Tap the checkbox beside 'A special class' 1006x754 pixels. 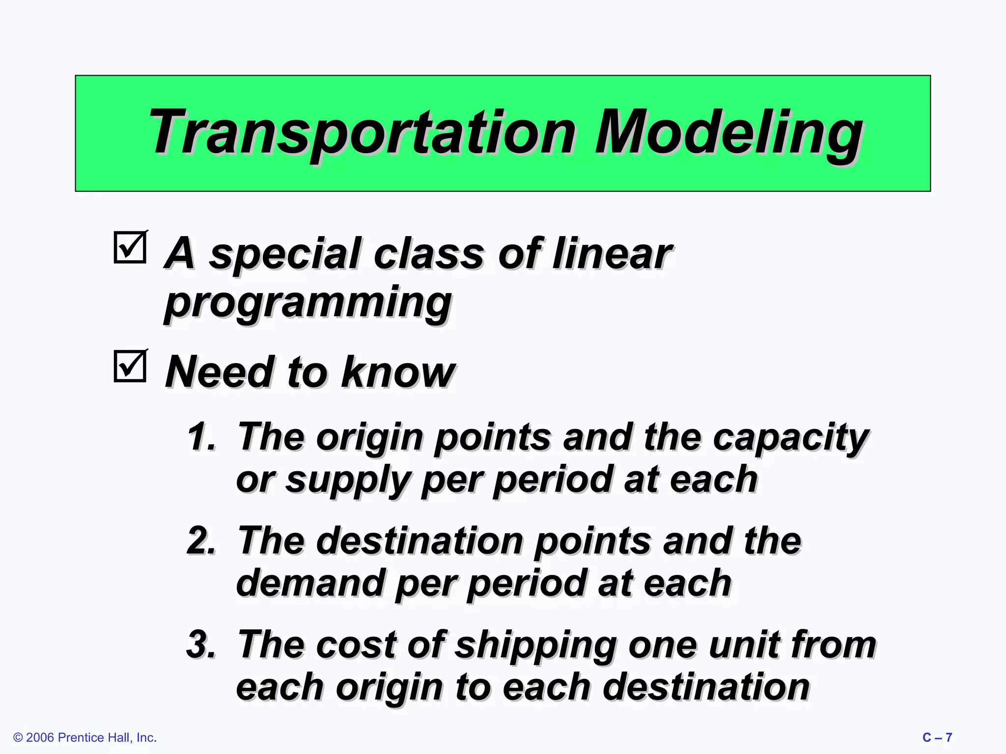click(x=130, y=247)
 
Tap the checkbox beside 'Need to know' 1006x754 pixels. click(x=130, y=366)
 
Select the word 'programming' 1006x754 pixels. click(x=308, y=303)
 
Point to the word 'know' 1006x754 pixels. click(x=398, y=372)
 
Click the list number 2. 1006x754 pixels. click(x=200, y=540)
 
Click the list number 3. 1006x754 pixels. click(x=200, y=644)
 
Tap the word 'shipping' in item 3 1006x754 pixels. click(x=535, y=646)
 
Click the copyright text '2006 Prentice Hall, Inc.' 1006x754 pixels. click(x=85, y=737)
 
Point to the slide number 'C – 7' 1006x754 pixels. click(x=937, y=737)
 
